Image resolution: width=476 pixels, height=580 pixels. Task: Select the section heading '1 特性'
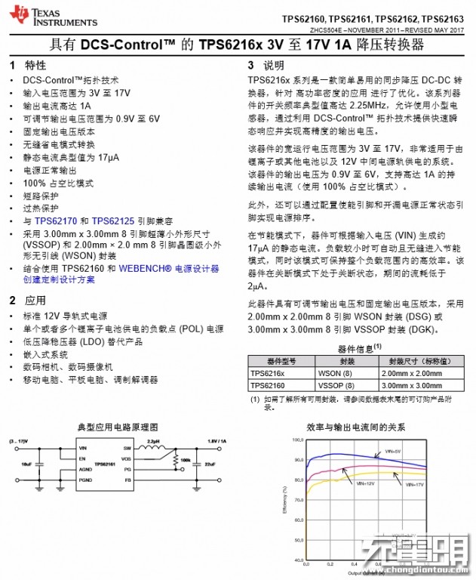pos(29,65)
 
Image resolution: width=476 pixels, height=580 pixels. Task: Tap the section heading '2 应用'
pos(29,300)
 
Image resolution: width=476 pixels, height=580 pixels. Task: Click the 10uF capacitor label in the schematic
pos(27,463)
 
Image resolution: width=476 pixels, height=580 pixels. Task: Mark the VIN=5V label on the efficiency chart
pos(392,450)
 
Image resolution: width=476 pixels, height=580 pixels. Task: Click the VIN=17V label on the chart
pos(413,483)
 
